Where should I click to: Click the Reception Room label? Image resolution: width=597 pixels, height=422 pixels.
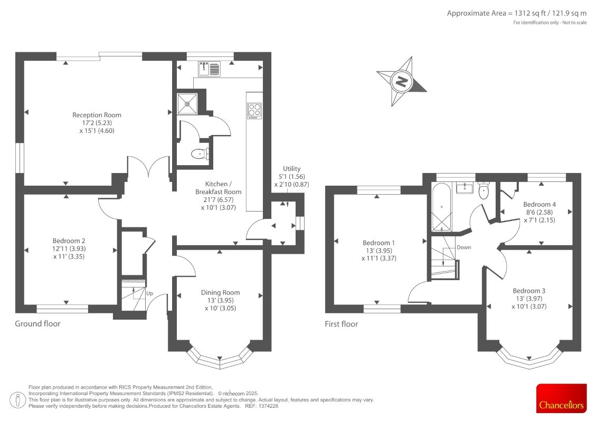coord(97,115)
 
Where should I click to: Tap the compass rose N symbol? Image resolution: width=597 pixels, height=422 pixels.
coord(401,81)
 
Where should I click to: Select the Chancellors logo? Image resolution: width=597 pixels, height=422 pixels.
coord(561,398)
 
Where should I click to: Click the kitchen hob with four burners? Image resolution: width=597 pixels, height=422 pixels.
coord(254,110)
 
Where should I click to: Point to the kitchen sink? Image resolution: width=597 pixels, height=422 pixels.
coord(209,69)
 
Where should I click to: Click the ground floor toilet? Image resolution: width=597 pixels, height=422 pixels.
coord(200,154)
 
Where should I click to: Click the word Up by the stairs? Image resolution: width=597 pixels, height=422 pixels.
coord(149,293)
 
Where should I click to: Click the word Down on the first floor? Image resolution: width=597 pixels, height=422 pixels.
coord(464,247)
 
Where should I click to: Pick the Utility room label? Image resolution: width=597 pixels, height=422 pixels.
coord(292,169)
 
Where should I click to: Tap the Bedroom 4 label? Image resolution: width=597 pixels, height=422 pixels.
coord(539,204)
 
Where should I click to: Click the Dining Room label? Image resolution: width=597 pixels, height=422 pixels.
coord(221,292)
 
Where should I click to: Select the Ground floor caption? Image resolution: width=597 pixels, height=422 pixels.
coord(37,323)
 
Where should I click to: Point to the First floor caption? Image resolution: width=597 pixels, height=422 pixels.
coord(341,324)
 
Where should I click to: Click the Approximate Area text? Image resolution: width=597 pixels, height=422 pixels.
coord(517,13)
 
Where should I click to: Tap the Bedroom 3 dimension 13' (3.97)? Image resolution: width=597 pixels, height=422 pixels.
coord(529,299)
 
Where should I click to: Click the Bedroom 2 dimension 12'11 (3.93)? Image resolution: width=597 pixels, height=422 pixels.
coord(69,248)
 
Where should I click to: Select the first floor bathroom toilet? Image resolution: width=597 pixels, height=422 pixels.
coord(484,191)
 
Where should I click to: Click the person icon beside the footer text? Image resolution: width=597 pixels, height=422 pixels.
coord(17,400)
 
